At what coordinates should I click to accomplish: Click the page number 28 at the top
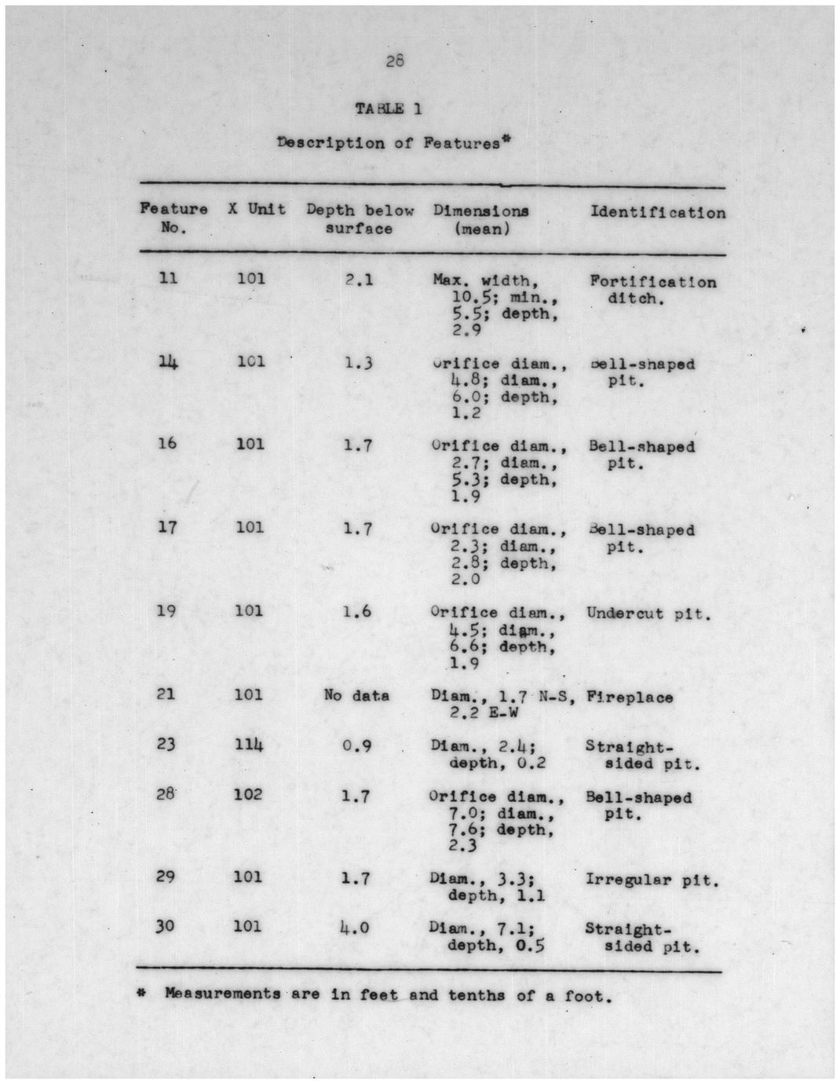tap(395, 60)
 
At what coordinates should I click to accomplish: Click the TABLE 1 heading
tap(389, 109)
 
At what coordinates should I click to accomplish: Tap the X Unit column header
tap(257, 210)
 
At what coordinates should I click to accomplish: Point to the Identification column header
tap(658, 213)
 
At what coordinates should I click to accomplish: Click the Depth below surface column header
tap(360, 219)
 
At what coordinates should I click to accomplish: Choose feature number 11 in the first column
tap(168, 278)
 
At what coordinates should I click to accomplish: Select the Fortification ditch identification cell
tap(652, 290)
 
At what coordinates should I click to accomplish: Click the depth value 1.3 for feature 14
tap(358, 363)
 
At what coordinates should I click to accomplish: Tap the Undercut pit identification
tap(648, 613)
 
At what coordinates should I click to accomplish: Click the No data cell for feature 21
tap(356, 695)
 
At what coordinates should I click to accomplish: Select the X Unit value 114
tap(249, 744)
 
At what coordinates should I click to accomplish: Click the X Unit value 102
tap(248, 794)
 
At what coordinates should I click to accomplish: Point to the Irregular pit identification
tap(652, 880)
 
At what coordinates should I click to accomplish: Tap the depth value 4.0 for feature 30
tap(354, 928)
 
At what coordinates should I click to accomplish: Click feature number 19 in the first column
tap(166, 610)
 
